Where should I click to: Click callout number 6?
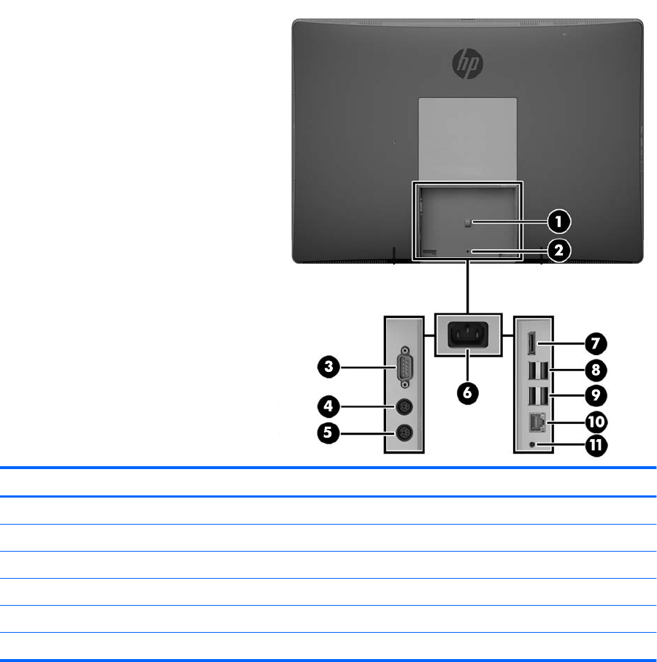468,392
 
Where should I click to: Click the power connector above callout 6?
468,336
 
